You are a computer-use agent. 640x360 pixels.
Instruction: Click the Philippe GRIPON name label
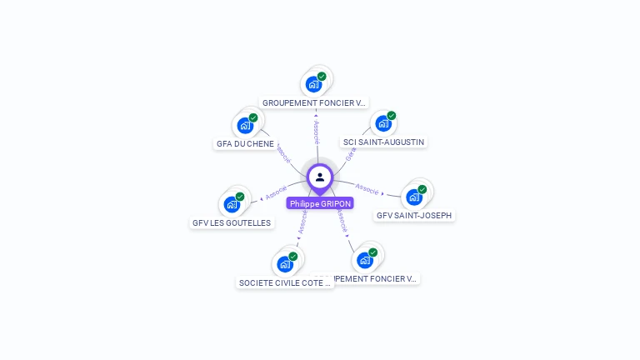click(x=320, y=203)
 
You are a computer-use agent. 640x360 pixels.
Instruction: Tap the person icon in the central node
click(x=320, y=177)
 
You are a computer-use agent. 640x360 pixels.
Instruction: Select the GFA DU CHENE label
click(x=245, y=143)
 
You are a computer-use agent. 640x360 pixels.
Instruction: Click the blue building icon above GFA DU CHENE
click(x=244, y=126)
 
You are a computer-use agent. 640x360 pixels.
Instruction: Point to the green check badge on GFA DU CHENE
click(x=252, y=118)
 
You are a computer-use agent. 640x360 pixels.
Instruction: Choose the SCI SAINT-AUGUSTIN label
click(x=384, y=142)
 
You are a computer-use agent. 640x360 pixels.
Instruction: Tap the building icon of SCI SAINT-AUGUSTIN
click(x=383, y=124)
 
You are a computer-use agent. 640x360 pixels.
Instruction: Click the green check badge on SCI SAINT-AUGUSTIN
click(x=392, y=116)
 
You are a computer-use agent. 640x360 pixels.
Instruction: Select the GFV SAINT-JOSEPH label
click(x=414, y=215)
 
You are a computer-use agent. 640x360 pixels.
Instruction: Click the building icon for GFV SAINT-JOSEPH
click(x=413, y=197)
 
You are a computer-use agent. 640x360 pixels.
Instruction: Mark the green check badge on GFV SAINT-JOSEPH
click(x=422, y=189)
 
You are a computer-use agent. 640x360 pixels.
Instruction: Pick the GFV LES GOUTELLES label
click(x=232, y=222)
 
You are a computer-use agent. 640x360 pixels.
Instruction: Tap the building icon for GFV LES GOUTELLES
click(x=231, y=205)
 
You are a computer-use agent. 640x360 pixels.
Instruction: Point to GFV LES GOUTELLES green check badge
click(x=240, y=197)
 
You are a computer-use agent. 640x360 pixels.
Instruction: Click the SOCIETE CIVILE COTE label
click(x=285, y=282)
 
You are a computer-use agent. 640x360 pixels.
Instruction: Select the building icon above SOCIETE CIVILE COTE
click(x=284, y=265)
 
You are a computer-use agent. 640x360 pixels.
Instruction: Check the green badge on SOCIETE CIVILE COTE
click(x=293, y=257)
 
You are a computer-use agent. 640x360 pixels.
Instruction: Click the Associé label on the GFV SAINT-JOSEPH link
click(x=367, y=189)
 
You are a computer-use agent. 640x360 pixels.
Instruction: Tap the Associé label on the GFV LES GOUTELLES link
click(x=276, y=192)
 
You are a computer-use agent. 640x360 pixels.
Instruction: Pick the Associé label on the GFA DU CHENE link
click(x=282, y=152)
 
